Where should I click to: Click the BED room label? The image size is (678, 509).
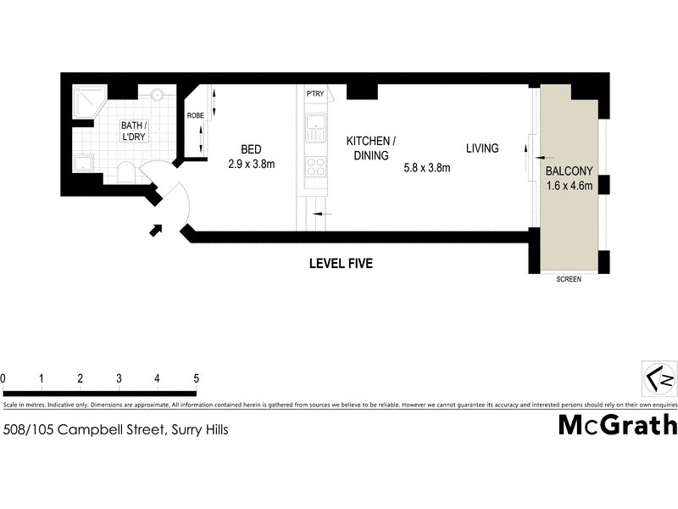click(x=252, y=147)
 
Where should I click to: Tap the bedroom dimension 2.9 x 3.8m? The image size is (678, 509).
click(x=252, y=164)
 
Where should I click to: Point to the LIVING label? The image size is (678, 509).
click(x=482, y=148)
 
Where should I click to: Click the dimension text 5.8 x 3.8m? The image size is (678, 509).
click(x=425, y=168)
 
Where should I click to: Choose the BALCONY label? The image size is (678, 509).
click(x=569, y=169)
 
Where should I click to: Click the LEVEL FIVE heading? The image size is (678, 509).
click(x=340, y=264)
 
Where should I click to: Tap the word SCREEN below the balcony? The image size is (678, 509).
click(x=569, y=279)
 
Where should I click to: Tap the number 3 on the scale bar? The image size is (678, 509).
click(x=119, y=378)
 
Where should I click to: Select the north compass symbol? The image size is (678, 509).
click(x=659, y=376)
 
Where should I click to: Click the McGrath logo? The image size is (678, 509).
click(x=617, y=425)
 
